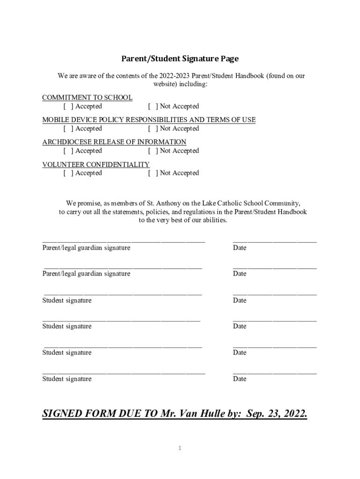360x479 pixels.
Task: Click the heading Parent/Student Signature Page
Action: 180,59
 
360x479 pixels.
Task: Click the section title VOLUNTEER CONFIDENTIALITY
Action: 96,165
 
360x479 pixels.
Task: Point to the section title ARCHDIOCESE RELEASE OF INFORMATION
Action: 114,142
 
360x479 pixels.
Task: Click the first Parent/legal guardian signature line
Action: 123,240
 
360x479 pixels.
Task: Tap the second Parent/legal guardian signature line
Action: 123,267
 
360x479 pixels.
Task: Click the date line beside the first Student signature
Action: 274,293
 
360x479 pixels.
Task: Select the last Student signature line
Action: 123,372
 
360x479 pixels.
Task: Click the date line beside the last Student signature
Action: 274,372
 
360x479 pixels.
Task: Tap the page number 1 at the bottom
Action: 180,449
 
